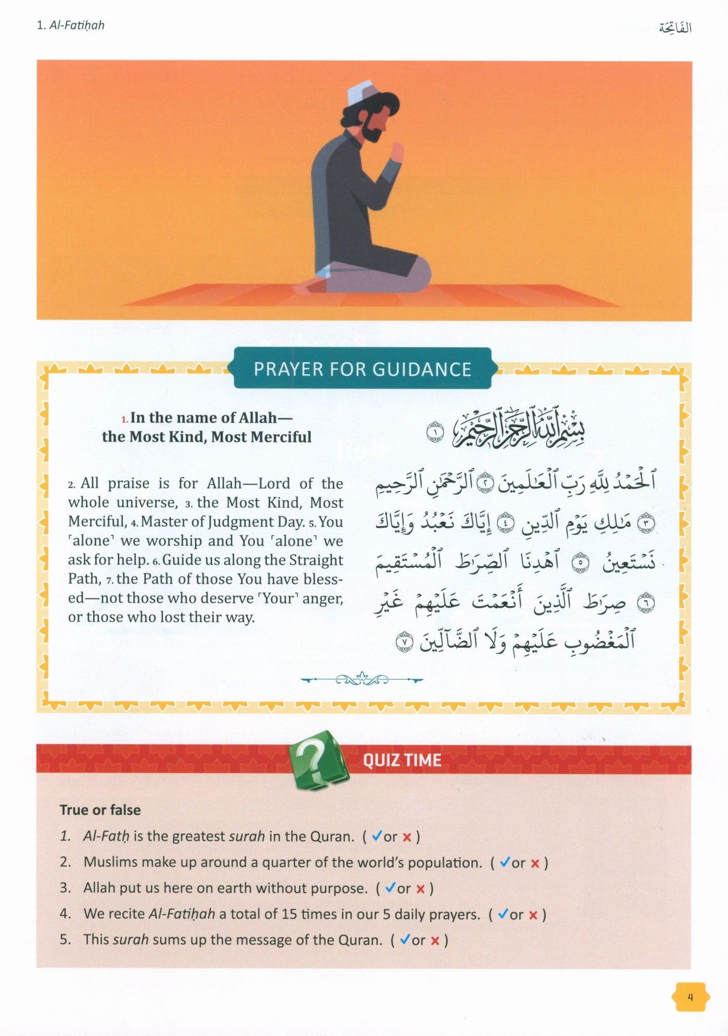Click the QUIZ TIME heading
[402, 760]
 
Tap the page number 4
[690, 997]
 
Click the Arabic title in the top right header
[675, 27]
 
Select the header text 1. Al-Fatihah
[70, 25]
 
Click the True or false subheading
[100, 810]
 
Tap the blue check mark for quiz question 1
[377, 836]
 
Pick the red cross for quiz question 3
[420, 889]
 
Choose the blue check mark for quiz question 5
[405, 939]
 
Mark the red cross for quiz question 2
[535, 863]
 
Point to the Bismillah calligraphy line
[518, 429]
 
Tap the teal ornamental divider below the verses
[361, 679]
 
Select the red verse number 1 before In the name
[124, 419]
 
